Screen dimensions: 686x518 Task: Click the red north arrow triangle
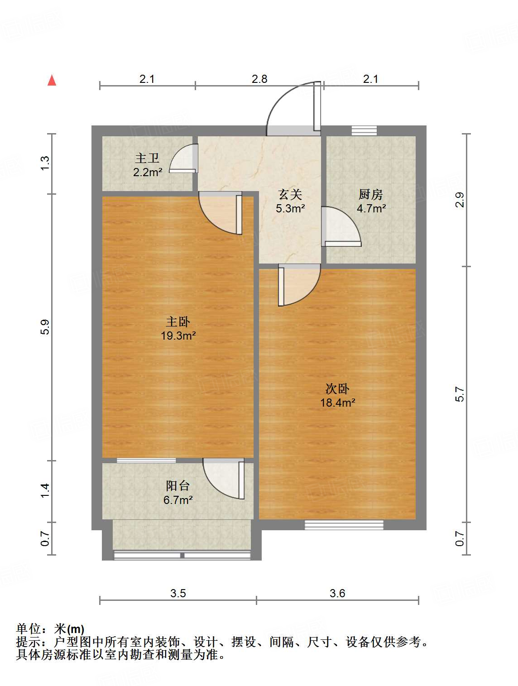click(x=52, y=81)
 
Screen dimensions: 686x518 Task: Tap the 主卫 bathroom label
click(x=147, y=158)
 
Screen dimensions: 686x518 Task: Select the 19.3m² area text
click(x=178, y=336)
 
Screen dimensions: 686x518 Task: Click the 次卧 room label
click(x=337, y=389)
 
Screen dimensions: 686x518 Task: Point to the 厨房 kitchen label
click(x=370, y=194)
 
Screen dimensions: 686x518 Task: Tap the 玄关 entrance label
click(x=290, y=194)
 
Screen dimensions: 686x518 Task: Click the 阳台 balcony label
click(x=177, y=486)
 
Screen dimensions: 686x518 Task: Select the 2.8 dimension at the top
click(x=259, y=79)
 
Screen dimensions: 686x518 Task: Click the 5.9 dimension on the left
click(x=44, y=327)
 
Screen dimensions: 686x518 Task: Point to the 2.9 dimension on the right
click(x=460, y=200)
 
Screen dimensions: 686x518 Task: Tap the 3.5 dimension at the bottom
click(x=178, y=593)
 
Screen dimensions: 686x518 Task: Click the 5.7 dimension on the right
click(x=460, y=394)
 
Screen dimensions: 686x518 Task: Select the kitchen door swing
click(x=341, y=226)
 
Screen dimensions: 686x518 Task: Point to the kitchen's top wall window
click(x=364, y=130)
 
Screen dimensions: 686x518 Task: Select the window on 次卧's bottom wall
click(x=344, y=525)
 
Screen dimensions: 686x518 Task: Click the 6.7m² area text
click(x=178, y=500)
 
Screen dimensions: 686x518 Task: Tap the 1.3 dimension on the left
click(x=44, y=163)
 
